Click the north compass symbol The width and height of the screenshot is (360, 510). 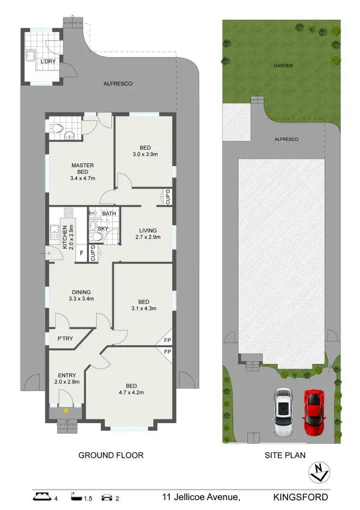(319, 472)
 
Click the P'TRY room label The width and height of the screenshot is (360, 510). (65, 339)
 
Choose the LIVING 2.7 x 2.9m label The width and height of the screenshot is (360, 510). (145, 233)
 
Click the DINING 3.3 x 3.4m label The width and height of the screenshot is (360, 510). (81, 295)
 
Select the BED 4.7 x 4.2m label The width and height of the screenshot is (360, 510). (131, 389)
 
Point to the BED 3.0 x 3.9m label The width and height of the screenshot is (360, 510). (145, 151)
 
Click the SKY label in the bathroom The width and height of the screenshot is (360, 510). (103, 229)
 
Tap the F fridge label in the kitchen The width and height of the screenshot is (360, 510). (82, 252)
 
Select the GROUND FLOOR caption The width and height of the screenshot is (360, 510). (111, 455)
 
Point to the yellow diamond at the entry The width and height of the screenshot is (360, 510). (65, 411)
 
